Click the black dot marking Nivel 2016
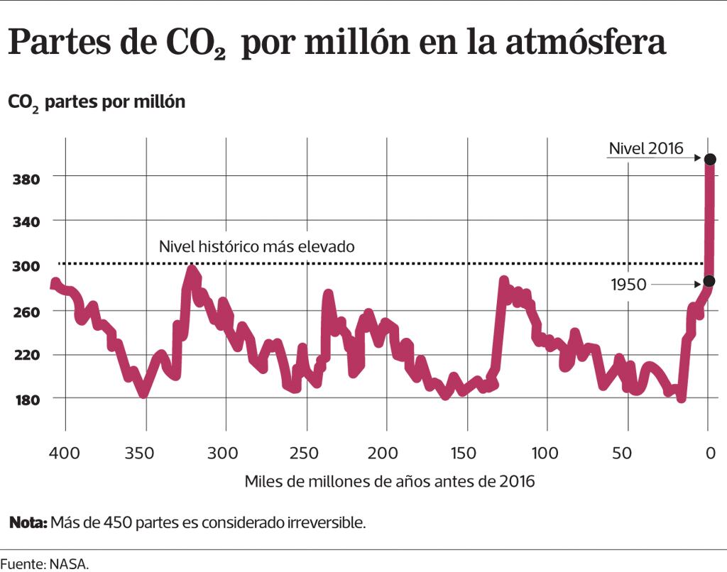coord(709,159)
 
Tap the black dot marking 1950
coord(709,282)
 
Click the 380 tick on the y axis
coord(26,177)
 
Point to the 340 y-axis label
coord(26,222)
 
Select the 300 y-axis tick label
coord(26,267)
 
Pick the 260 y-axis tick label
coord(26,312)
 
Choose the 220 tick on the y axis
coord(26,355)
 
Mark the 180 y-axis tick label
coord(26,400)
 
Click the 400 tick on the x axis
coord(65,453)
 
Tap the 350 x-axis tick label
coord(146,453)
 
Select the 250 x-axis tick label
coord(306,453)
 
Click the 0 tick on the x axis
coord(709,453)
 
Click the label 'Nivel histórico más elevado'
coord(256,247)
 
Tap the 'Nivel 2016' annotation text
coord(646,148)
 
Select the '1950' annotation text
coord(628,285)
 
